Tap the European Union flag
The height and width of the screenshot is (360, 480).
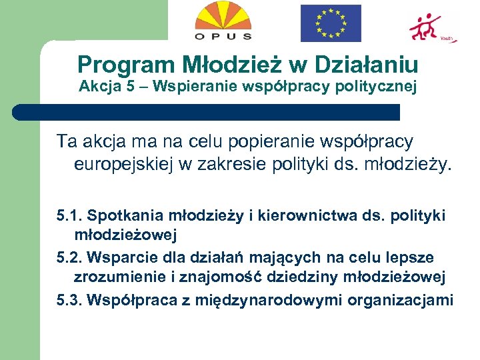(x=330, y=23)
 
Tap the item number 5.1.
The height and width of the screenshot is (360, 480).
(x=69, y=216)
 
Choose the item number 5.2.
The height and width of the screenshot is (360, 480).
(x=69, y=258)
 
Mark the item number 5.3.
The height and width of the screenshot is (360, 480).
(x=69, y=300)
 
